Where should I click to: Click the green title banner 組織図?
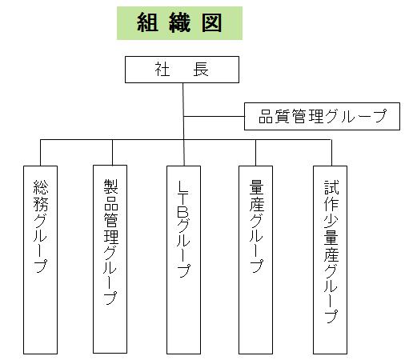click(179, 23)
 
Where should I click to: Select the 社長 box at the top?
click(182, 70)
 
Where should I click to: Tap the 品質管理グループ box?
click(322, 116)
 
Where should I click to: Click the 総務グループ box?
click(40, 260)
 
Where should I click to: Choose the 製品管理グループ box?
click(110, 259)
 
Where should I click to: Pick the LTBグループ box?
click(183, 260)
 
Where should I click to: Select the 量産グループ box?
click(255, 260)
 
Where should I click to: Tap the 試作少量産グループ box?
click(330, 260)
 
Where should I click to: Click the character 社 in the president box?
click(162, 70)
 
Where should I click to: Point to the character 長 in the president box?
click(201, 70)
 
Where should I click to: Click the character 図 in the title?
click(211, 23)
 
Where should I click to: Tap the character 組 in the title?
click(147, 23)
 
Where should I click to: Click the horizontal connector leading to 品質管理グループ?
click(214, 116)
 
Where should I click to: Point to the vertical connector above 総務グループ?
click(41, 153)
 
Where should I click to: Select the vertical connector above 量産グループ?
click(255, 153)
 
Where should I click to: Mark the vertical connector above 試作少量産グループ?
click(331, 153)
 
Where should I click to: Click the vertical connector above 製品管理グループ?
click(112, 152)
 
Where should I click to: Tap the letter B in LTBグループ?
click(183, 213)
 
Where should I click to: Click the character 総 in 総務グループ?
click(41, 187)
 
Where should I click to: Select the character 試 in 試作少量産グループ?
click(331, 187)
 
